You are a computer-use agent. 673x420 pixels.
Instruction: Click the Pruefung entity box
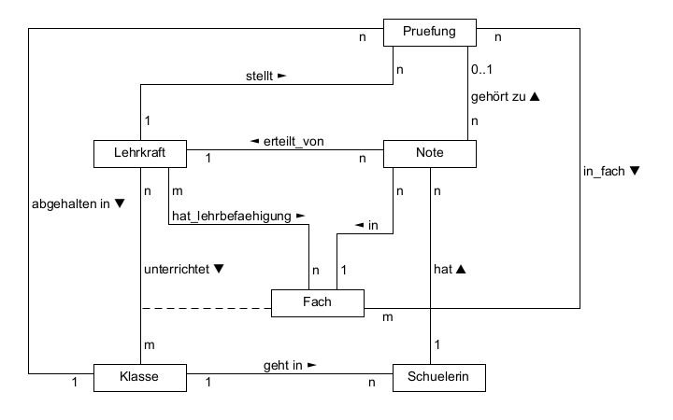tap(430, 32)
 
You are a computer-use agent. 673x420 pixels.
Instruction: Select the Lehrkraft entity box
tap(140, 153)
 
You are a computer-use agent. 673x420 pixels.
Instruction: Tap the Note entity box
tap(430, 153)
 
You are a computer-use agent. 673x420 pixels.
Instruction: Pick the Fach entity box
tap(318, 303)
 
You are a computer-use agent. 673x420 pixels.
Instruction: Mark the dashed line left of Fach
tap(206, 307)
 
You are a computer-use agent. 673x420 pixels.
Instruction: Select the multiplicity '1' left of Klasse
tap(75, 383)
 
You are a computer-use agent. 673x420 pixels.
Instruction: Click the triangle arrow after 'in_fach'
tap(633, 171)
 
